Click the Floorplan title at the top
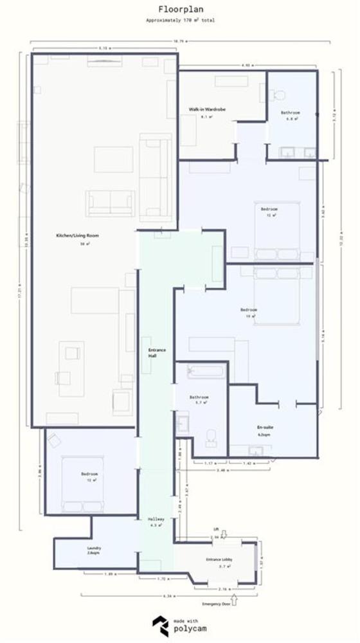(180, 10)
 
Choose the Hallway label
(156, 518)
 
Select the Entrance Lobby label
(218, 559)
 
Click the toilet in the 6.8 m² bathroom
(278, 95)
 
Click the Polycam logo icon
(161, 624)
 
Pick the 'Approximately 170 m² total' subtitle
(180, 21)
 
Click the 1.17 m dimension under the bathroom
(208, 463)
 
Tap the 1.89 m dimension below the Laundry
(109, 574)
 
